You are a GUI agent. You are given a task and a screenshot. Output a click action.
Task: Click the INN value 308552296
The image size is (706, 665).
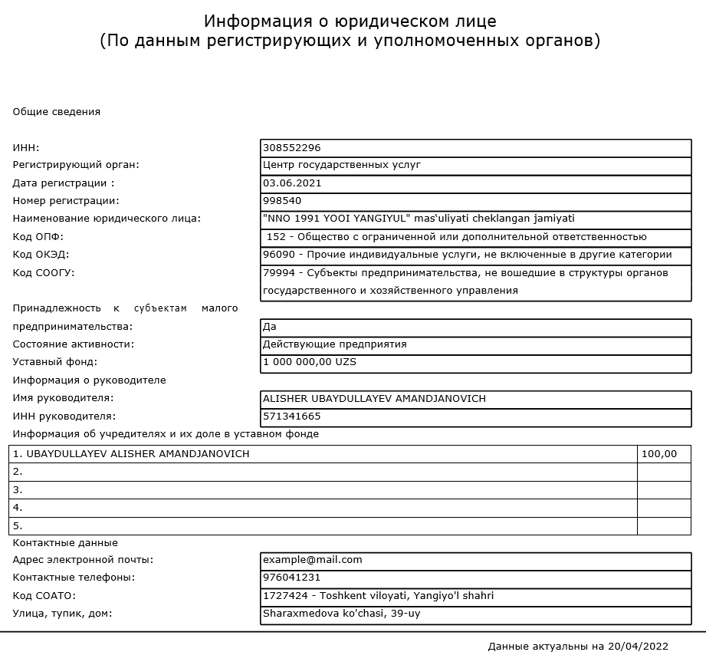(x=291, y=147)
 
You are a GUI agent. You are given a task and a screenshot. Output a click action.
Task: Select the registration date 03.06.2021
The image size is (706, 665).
(x=292, y=183)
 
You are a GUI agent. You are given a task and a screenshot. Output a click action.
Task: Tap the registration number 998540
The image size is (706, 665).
(x=282, y=201)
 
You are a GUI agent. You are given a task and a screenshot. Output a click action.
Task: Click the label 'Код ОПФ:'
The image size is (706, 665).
(x=38, y=237)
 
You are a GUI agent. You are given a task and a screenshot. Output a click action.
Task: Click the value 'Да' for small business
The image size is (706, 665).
(x=270, y=327)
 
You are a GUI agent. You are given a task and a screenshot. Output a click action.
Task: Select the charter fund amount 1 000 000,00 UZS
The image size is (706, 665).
(x=310, y=362)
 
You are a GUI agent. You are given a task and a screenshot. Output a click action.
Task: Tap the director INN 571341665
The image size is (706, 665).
(x=291, y=416)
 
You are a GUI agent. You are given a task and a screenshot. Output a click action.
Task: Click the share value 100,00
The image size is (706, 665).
(x=659, y=454)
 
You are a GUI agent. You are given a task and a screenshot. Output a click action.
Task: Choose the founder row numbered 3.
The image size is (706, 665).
(x=18, y=490)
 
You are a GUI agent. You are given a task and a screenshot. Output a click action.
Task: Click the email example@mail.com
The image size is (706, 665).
(x=312, y=560)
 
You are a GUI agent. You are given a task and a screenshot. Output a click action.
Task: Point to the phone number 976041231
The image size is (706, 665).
(x=291, y=578)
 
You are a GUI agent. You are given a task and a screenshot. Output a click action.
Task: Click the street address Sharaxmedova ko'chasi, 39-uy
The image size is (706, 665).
(x=341, y=614)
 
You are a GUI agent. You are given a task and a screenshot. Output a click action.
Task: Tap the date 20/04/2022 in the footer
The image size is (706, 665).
(x=638, y=647)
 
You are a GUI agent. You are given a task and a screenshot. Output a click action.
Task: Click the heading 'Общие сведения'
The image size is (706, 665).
(x=57, y=112)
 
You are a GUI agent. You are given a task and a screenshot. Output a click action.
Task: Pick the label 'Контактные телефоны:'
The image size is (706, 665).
(x=74, y=578)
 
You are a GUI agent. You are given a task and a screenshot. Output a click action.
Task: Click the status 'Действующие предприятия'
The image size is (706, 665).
(x=334, y=344)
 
